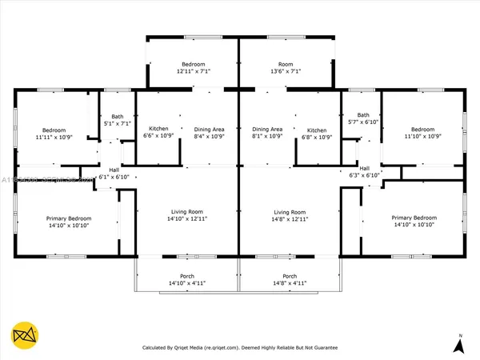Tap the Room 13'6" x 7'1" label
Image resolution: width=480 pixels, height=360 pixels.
click(283, 67)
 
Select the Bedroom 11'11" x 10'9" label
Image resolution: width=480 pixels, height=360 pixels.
click(54, 134)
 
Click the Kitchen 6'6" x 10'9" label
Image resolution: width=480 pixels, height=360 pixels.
click(157, 133)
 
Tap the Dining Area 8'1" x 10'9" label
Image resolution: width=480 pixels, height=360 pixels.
click(267, 133)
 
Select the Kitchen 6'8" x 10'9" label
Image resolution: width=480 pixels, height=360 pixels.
click(317, 133)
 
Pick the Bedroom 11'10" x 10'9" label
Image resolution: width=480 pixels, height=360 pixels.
click(422, 133)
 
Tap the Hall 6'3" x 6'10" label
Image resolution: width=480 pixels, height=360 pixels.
click(365, 172)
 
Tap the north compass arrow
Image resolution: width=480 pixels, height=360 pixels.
click(459, 345)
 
